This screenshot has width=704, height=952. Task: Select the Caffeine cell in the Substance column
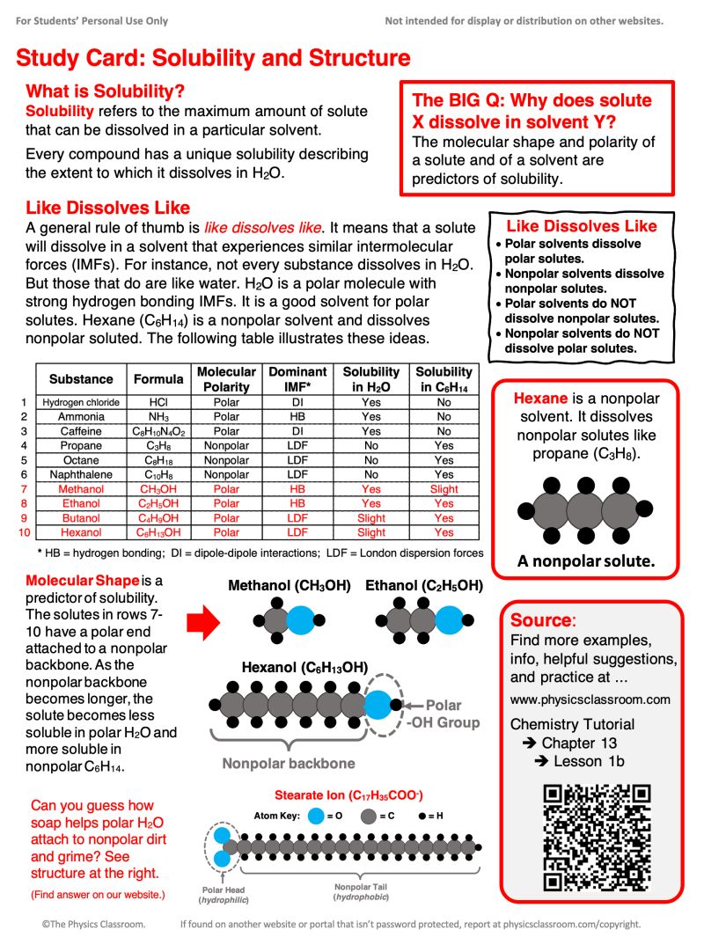81,431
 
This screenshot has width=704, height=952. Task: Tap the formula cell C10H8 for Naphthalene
158,474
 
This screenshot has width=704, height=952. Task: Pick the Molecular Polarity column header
226,379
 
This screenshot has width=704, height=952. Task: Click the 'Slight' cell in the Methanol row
444,489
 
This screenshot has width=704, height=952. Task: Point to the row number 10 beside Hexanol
24,532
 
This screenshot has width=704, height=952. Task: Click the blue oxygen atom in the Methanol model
300,621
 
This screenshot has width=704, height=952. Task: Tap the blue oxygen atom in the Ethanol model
450,621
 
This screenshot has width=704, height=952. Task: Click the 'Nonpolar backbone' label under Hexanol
289,763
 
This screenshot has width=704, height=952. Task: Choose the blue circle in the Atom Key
316,816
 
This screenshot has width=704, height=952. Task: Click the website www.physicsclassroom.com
590,699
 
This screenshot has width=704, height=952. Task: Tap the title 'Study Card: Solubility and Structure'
213,58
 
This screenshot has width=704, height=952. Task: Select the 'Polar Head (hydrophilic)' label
224,895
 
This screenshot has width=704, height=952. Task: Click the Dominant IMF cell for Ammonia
297,417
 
